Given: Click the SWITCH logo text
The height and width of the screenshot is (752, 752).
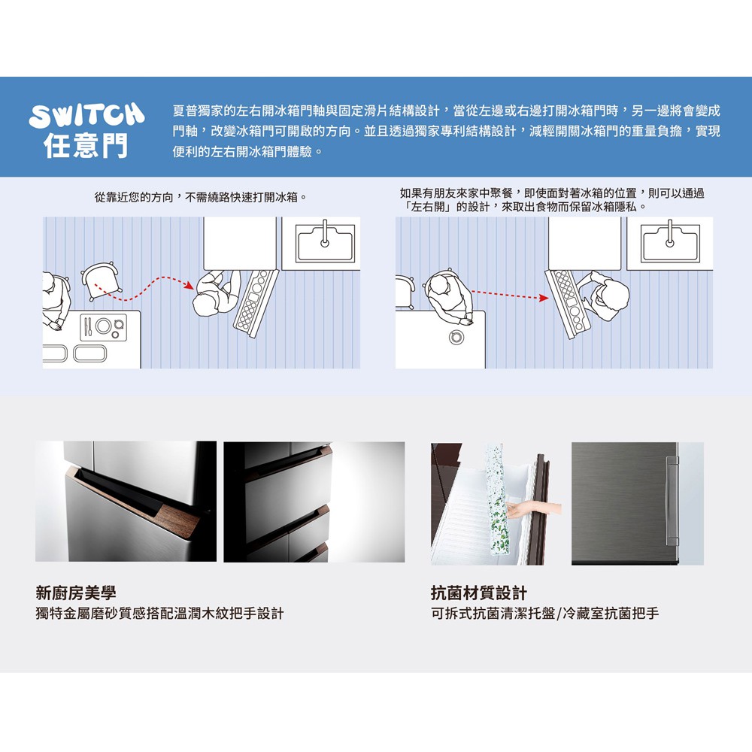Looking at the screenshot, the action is tap(86, 116).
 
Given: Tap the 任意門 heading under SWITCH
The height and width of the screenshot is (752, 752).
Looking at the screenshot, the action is tap(86, 145).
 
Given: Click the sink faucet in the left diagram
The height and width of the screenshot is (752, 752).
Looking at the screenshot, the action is tap(325, 234).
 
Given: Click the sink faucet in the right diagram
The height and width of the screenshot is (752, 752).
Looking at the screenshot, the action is tap(669, 234).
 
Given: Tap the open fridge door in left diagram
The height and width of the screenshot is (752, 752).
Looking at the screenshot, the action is tap(256, 302).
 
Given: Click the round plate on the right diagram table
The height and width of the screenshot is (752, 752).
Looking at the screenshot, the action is tap(456, 337).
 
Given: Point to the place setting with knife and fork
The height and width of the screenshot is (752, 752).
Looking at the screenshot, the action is tap(103, 327).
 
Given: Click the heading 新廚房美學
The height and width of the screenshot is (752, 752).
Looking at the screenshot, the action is tap(76, 593).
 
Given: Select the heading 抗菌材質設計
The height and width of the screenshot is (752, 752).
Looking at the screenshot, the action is tap(478, 593).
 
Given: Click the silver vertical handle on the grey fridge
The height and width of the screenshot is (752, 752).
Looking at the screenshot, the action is tap(672, 501).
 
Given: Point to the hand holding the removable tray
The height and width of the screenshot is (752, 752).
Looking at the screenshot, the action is tap(533, 511).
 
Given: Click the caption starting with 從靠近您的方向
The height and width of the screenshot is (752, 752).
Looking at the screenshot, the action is tap(201, 197).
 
